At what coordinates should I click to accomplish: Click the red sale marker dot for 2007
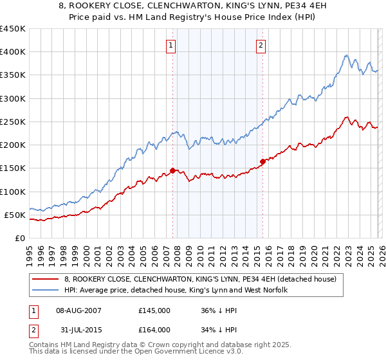172,170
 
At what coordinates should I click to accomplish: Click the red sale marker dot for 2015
262,161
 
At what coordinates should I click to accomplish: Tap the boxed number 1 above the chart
171,45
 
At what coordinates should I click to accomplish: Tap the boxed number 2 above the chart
261,45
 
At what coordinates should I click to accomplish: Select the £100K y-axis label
13,192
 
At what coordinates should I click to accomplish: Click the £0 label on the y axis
19,238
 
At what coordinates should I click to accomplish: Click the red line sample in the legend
46,279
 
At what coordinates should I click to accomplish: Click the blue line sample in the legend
46,291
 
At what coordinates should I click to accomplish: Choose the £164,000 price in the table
154,330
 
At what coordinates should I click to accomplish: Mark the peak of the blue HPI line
346,55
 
